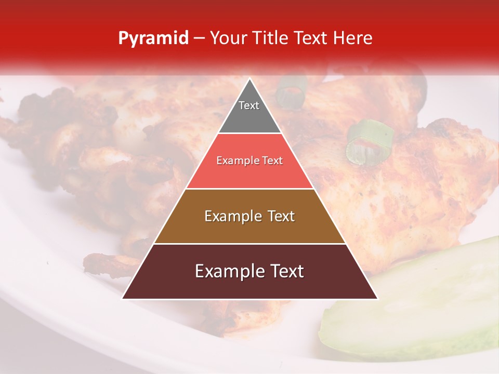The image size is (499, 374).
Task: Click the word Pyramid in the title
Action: click(153, 38)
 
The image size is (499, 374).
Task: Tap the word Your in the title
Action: click(227, 38)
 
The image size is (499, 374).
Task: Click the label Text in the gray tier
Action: click(249, 105)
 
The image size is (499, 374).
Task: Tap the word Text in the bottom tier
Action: click(285, 271)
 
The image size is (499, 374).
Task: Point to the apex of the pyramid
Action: click(249, 79)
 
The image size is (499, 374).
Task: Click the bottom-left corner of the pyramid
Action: click(123, 298)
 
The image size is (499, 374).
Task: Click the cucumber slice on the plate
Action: click(416, 306)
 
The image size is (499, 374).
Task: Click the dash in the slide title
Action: click(199, 38)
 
